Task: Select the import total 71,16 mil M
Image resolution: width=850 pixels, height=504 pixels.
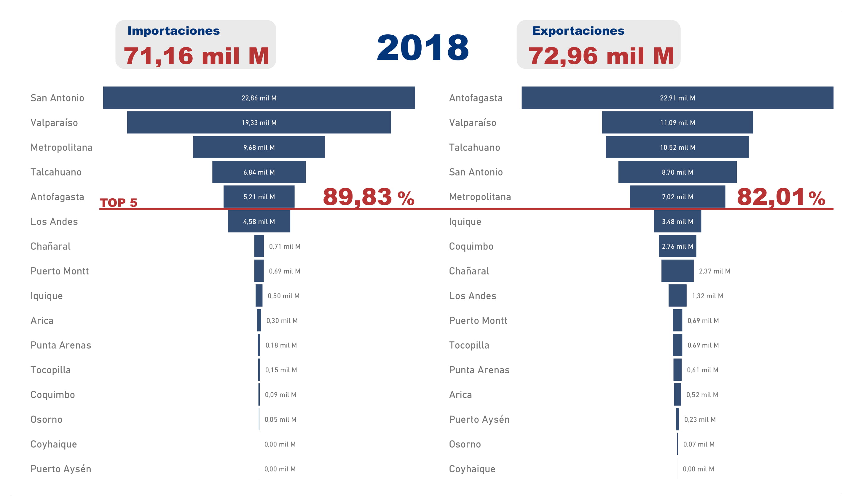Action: (196, 56)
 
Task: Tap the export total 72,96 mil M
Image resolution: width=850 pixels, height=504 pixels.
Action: (601, 56)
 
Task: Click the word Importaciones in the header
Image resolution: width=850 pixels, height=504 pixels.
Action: (173, 31)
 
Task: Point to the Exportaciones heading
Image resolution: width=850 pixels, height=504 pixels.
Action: (578, 31)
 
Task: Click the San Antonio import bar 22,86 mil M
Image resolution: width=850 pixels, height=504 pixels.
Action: (259, 98)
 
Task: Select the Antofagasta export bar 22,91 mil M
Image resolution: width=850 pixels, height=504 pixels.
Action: (677, 98)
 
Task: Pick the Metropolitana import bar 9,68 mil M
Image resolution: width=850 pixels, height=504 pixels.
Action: (259, 147)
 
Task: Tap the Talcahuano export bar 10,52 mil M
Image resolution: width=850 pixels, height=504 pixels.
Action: (677, 147)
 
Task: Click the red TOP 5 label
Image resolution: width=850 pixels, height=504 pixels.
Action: (119, 203)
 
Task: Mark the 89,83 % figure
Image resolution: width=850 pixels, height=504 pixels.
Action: (369, 197)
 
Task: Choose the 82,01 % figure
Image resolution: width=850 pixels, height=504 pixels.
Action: (781, 197)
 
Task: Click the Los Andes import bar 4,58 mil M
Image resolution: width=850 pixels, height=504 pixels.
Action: (259, 221)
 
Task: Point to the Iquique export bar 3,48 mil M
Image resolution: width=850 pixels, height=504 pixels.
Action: (677, 221)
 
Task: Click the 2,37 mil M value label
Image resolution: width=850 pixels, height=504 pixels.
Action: (714, 271)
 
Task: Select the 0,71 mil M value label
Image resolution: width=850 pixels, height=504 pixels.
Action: (285, 246)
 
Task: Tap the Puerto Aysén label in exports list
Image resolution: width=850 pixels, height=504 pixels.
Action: (479, 420)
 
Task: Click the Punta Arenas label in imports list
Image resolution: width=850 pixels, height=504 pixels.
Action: (61, 345)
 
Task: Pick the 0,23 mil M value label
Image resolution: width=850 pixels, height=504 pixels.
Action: (700, 420)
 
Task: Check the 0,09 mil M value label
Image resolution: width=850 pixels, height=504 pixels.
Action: (280, 395)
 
